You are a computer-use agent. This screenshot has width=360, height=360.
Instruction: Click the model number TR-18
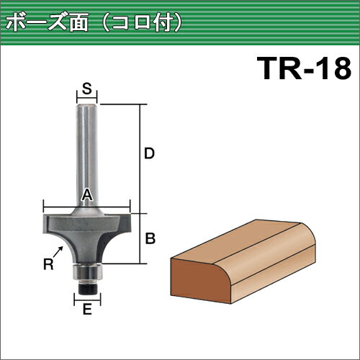point(304,68)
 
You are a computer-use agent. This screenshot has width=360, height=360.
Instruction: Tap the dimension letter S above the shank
point(87,88)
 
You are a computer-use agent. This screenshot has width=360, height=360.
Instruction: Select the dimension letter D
point(149,153)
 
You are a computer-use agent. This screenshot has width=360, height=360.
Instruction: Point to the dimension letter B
point(150,238)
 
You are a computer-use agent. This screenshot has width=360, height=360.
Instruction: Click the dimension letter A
point(87,194)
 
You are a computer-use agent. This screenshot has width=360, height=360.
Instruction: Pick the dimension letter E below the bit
point(87,309)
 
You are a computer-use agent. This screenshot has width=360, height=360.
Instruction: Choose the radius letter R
point(48,264)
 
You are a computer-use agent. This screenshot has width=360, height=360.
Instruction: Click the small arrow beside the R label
point(58,252)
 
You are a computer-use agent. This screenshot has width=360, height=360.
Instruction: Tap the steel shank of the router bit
point(87,156)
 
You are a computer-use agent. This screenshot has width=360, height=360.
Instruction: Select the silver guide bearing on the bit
point(87,272)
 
